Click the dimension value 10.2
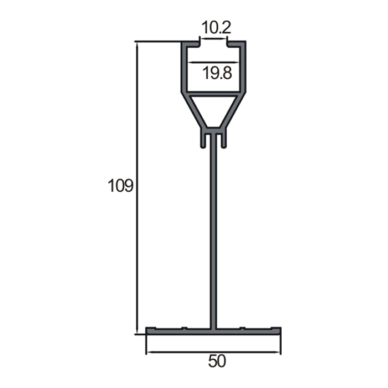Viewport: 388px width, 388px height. tap(216, 28)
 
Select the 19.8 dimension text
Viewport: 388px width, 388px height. tap(217, 73)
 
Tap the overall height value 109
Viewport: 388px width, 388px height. tap(120, 186)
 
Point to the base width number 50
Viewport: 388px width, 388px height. tap(217, 361)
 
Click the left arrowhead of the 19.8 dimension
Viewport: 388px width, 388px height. tap(190, 62)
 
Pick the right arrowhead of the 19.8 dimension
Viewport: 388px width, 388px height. tap(237, 62)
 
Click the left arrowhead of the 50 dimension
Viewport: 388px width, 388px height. tap(149, 352)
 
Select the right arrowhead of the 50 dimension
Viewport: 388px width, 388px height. tap(278, 352)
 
